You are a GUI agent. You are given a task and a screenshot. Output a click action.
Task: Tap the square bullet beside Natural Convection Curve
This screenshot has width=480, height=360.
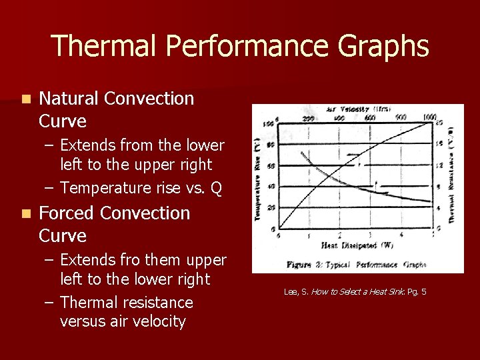coord(25,99)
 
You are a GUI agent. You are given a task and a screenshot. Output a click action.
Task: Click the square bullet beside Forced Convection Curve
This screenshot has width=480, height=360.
coord(25,214)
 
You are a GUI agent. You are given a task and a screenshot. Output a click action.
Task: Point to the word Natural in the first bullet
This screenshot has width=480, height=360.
coord(69,99)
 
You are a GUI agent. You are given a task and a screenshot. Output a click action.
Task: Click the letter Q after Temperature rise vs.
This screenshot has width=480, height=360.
coord(216,188)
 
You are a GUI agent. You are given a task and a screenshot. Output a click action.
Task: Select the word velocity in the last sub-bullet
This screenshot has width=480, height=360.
coord(156,321)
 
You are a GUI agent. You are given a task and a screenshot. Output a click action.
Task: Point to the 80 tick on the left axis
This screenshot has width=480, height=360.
coord(271,145)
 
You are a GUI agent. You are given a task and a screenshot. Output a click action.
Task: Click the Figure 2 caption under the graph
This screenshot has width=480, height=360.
coord(356,265)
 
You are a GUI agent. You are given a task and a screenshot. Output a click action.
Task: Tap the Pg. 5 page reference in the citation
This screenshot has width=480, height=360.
coord(417,292)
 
